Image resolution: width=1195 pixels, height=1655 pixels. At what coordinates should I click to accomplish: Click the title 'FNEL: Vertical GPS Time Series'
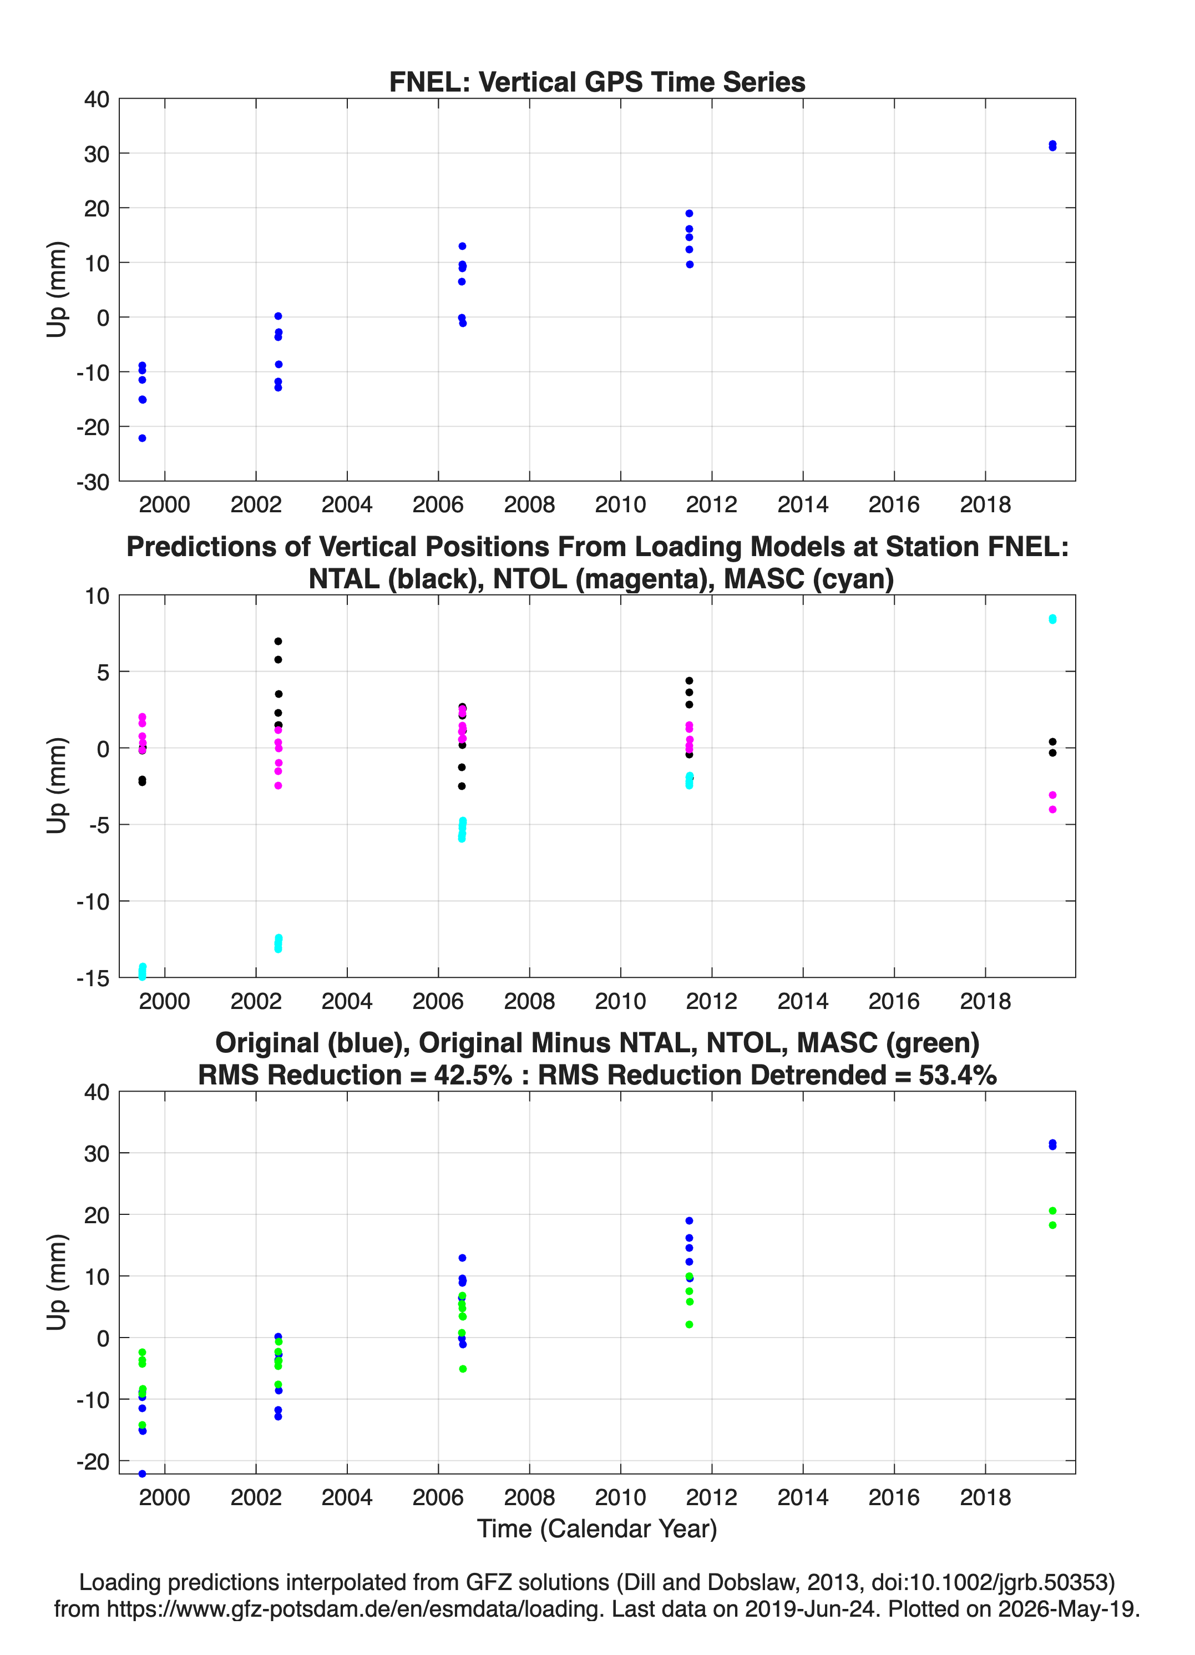click(597, 82)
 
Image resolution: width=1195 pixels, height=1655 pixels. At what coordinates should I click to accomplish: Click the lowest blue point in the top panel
click(142, 438)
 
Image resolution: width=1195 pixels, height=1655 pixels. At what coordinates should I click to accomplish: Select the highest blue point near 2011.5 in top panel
click(690, 213)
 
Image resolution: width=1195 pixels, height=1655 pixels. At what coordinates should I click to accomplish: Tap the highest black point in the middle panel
click(278, 642)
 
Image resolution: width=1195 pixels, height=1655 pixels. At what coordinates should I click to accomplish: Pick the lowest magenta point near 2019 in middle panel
click(1052, 809)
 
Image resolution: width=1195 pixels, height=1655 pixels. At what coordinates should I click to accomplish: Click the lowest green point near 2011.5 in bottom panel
click(690, 1324)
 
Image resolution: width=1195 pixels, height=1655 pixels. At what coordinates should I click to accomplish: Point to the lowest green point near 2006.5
click(463, 1369)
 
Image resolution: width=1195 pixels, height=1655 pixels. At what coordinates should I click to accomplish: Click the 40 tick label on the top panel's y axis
click(97, 99)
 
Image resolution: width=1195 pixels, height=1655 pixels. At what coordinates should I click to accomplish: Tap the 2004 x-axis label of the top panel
click(347, 504)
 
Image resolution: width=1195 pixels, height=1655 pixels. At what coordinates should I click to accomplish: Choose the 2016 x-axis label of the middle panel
click(894, 1001)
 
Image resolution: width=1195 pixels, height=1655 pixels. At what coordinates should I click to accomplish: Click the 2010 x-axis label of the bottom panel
click(621, 1497)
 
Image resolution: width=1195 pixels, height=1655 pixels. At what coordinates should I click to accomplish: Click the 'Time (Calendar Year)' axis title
click(597, 1528)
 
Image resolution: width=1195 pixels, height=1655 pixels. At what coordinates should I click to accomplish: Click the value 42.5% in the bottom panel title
click(473, 1075)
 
